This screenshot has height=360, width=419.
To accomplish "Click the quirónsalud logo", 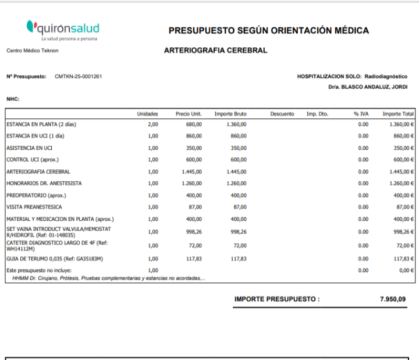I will [x=63, y=29].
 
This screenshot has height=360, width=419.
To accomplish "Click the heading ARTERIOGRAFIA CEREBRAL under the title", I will [x=215, y=51].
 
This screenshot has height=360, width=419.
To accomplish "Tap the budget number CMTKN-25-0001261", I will [x=79, y=76].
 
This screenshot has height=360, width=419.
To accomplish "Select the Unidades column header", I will [x=147, y=114].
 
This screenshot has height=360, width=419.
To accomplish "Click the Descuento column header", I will [x=282, y=114].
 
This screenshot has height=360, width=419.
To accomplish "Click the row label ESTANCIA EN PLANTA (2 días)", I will [x=41, y=124].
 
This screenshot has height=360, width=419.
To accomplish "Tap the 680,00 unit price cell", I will [x=194, y=124].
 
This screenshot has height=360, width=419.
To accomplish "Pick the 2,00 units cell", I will [x=152, y=124].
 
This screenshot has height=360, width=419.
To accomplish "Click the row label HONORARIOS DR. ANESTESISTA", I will [x=44, y=183].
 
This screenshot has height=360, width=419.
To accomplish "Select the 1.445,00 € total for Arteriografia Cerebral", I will [x=402, y=172].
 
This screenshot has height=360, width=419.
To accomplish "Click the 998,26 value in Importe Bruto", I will [x=238, y=231].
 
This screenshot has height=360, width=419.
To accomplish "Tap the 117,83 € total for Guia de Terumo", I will [x=403, y=259].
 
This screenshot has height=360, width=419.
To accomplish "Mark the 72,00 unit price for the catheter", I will [x=195, y=245].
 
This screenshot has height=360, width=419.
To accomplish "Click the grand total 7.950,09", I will [x=393, y=299].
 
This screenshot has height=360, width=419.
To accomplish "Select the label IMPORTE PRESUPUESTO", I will [x=277, y=299].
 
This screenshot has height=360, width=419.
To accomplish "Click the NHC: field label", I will [x=13, y=99].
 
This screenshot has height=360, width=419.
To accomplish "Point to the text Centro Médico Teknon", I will [x=33, y=51].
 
